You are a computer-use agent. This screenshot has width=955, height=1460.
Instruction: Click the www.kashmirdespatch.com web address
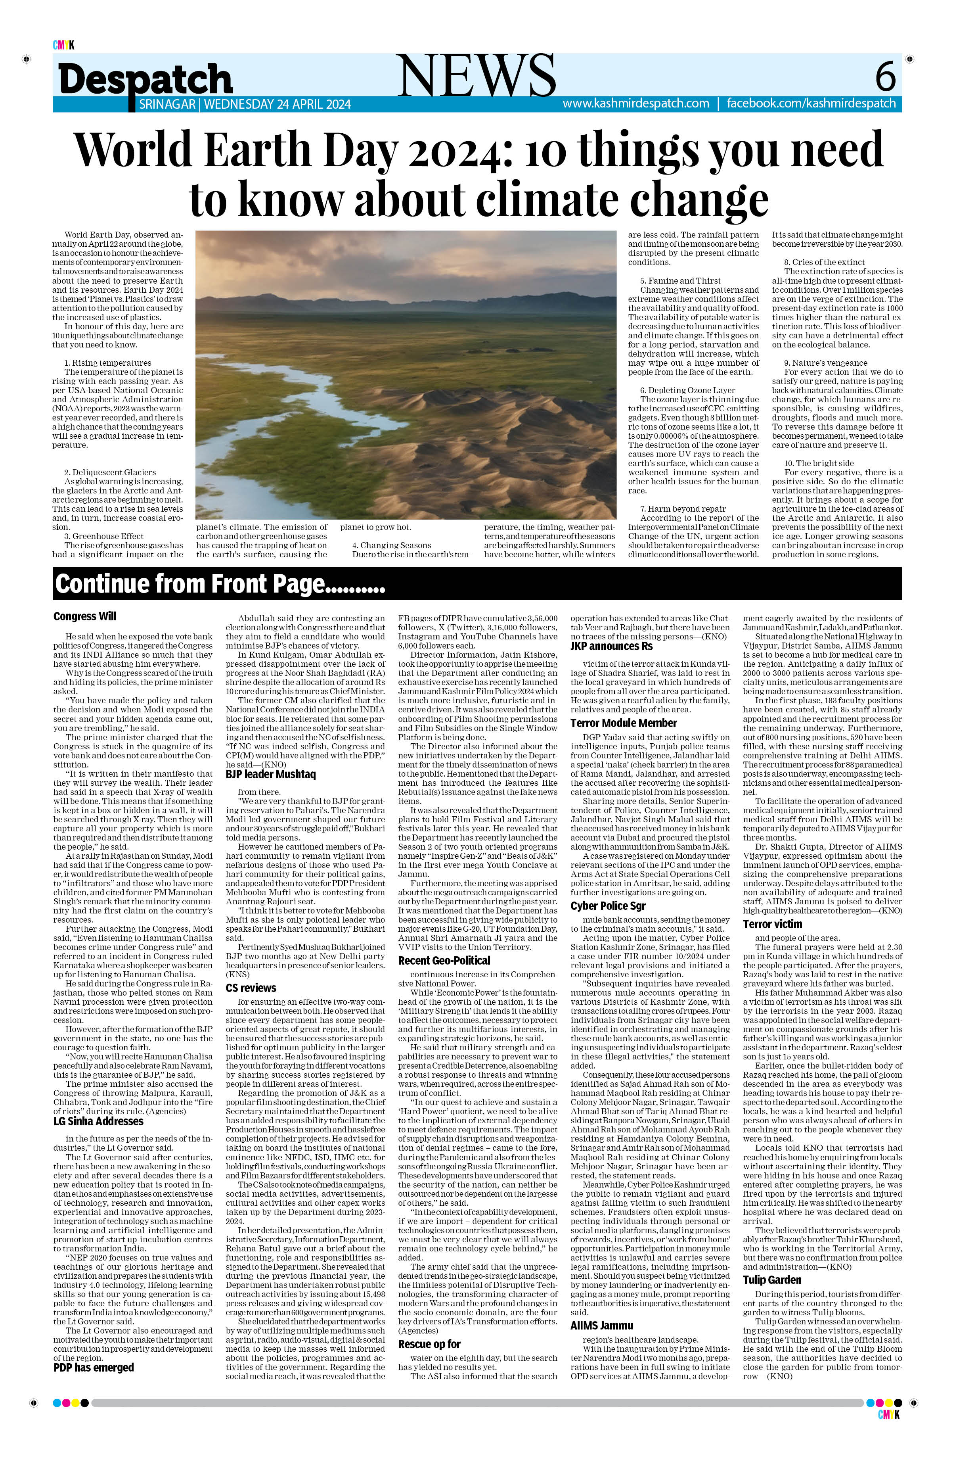(635, 104)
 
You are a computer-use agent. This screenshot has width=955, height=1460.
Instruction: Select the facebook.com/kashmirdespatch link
(811, 104)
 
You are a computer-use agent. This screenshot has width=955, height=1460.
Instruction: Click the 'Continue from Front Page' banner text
(220, 583)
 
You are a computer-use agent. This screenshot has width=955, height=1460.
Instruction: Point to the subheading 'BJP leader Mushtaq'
(270, 774)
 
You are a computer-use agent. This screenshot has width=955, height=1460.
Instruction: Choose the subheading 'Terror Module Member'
(623, 723)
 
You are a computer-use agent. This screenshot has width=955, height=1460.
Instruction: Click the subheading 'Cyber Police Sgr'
(608, 906)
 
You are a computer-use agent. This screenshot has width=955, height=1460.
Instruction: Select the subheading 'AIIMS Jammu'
(601, 1326)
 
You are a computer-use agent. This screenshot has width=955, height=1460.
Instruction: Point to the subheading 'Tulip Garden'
(772, 1280)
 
